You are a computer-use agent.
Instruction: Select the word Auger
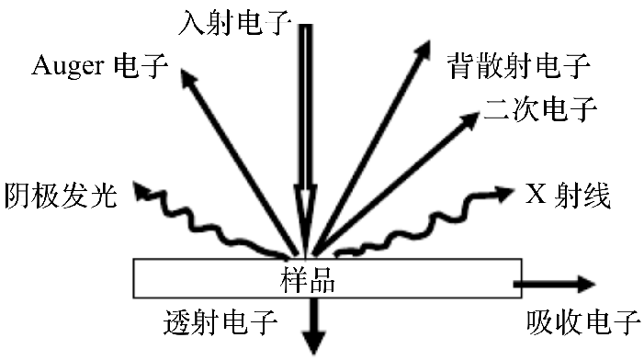[67, 66]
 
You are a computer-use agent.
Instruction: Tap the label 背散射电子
[519, 66]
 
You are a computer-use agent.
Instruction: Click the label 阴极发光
[61, 196]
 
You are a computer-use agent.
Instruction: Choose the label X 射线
[567, 196]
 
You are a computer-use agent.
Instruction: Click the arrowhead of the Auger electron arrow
[187, 80]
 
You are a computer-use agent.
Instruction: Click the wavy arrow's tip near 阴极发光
[141, 190]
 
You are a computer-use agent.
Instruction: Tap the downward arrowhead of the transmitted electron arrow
[314, 343]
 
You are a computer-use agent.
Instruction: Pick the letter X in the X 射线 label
[535, 196]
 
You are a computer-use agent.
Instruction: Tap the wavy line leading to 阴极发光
[211, 225]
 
